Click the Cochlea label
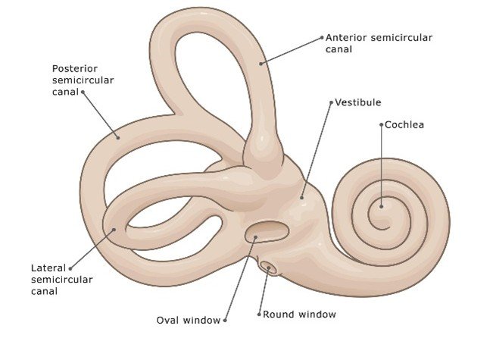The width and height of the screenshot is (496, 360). coord(405,124)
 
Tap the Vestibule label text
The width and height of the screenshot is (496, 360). coord(359,102)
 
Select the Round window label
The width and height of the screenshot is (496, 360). coord(299,313)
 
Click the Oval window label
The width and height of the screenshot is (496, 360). coord(189,320)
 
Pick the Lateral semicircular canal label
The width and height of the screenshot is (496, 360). coord(62,280)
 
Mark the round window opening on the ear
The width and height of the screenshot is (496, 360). coord(268,267)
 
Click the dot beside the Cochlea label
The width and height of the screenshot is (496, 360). coord(382,124)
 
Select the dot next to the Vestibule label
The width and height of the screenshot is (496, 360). coord(332,102)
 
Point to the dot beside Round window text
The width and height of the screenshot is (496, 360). coord(258,314)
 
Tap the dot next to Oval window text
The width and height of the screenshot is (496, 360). coord(225,321)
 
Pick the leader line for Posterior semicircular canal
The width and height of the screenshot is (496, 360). coord(100,115)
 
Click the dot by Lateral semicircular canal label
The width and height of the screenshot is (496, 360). coord(70,268)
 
